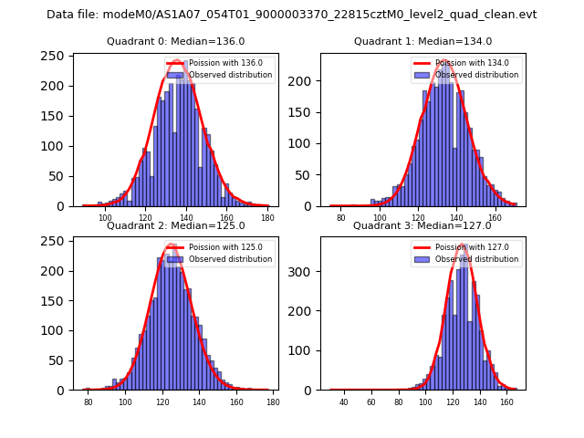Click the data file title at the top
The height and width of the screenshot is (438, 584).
tap(292, 15)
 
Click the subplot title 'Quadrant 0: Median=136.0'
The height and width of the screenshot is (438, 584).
tap(176, 41)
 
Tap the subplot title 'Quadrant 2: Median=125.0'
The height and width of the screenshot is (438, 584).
tap(176, 225)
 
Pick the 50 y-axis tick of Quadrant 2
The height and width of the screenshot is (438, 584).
tap(59, 360)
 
